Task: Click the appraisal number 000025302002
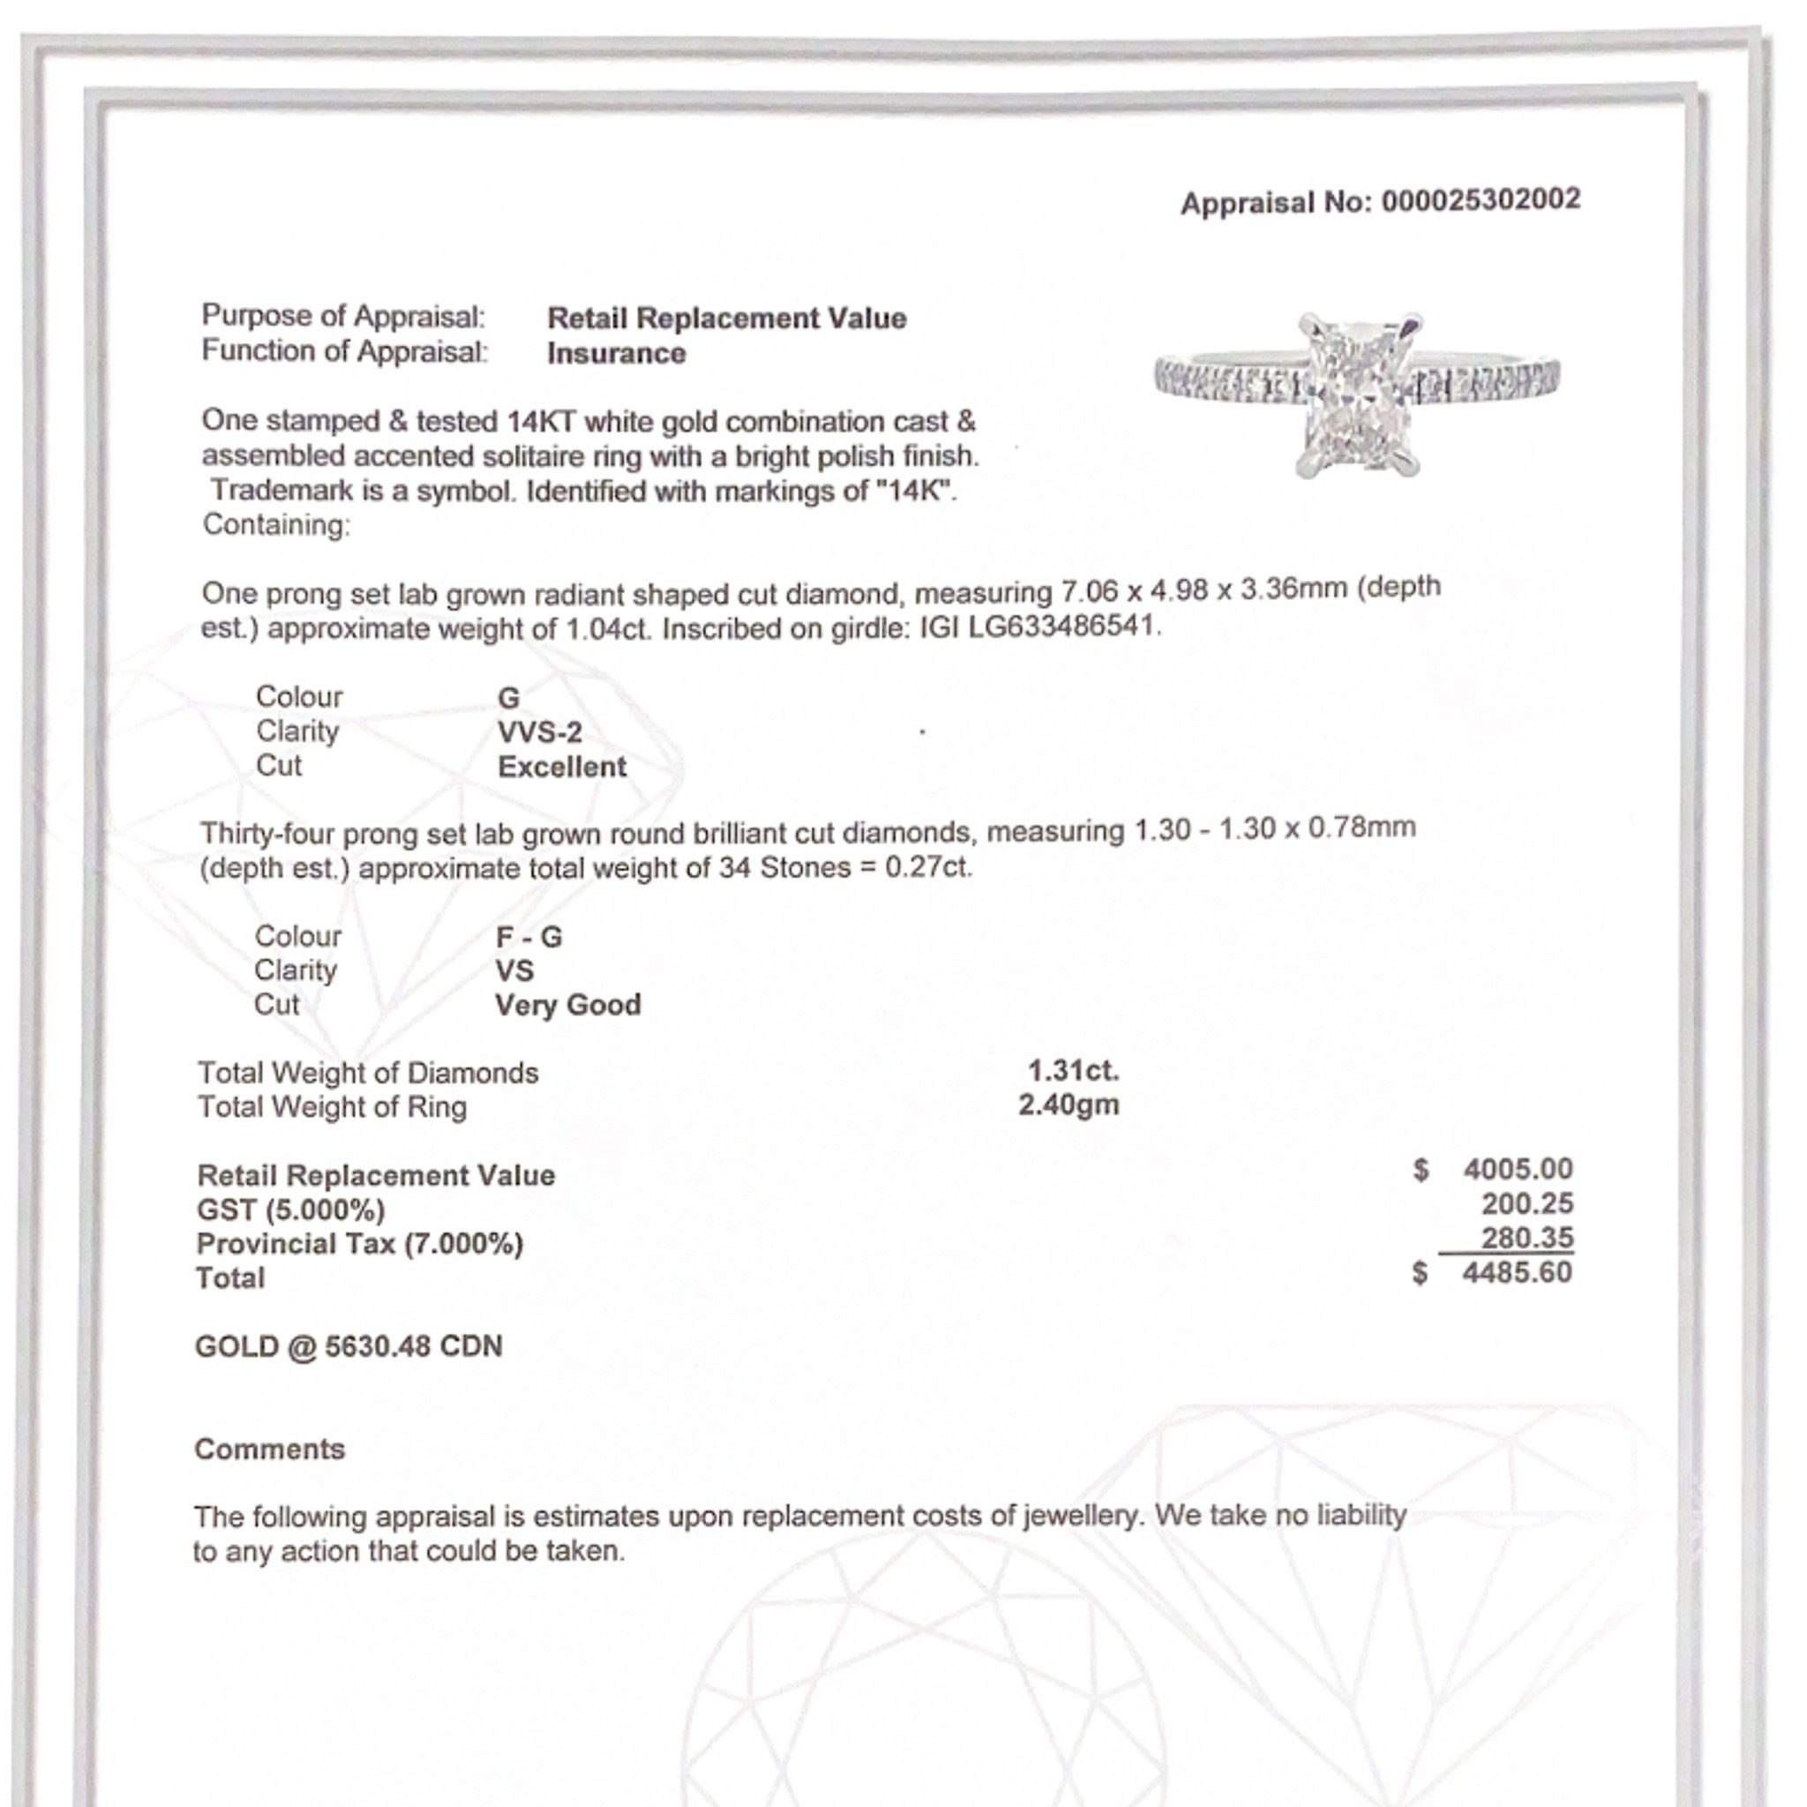(1481, 200)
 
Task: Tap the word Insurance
(617, 354)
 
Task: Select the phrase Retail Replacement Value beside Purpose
(727, 318)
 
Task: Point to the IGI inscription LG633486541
(1063, 626)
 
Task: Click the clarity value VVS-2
(540, 732)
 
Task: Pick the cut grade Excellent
(562, 767)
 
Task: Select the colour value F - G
(529, 936)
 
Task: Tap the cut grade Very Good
(567, 1006)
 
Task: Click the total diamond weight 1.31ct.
(1073, 1070)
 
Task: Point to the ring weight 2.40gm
(1068, 1105)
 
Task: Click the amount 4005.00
(1517, 1169)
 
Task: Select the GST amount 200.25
(1526, 1203)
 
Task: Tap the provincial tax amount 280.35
(1526, 1237)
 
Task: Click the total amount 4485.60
(1517, 1272)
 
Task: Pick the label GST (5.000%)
(291, 1211)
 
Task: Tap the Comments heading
(269, 1449)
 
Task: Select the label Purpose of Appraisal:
(343, 316)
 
